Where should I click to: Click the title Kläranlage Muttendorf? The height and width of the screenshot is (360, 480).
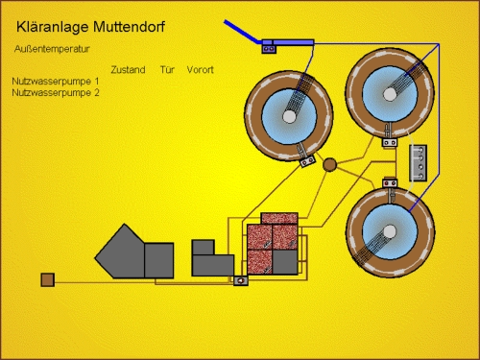point(90,27)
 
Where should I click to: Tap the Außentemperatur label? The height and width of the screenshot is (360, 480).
point(52,49)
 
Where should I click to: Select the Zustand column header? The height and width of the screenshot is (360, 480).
point(128,70)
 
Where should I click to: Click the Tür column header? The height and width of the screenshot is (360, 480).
point(167,70)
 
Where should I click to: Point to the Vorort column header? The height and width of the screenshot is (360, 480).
point(200,70)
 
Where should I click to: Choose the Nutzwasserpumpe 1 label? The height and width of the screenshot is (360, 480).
point(56,82)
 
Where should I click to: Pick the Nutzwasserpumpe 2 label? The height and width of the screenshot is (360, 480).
point(56,93)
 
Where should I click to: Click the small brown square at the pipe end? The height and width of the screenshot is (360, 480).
point(48,279)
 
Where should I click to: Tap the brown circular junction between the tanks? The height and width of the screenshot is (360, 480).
point(329,164)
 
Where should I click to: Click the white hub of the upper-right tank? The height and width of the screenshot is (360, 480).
point(390,94)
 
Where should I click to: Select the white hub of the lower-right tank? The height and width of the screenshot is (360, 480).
point(390,231)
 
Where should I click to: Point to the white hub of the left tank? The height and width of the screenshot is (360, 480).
point(289,116)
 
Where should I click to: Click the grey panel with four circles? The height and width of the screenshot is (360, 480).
point(419,163)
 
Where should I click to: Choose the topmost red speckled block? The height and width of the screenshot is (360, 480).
point(279,219)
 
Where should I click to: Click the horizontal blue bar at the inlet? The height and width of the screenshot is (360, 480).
point(288,42)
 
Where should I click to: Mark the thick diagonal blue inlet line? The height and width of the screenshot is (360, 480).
point(242,32)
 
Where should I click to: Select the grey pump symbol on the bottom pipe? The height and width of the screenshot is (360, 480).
point(241,281)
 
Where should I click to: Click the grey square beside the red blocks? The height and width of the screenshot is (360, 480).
point(285,262)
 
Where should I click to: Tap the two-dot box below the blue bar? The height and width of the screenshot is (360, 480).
point(269,49)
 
